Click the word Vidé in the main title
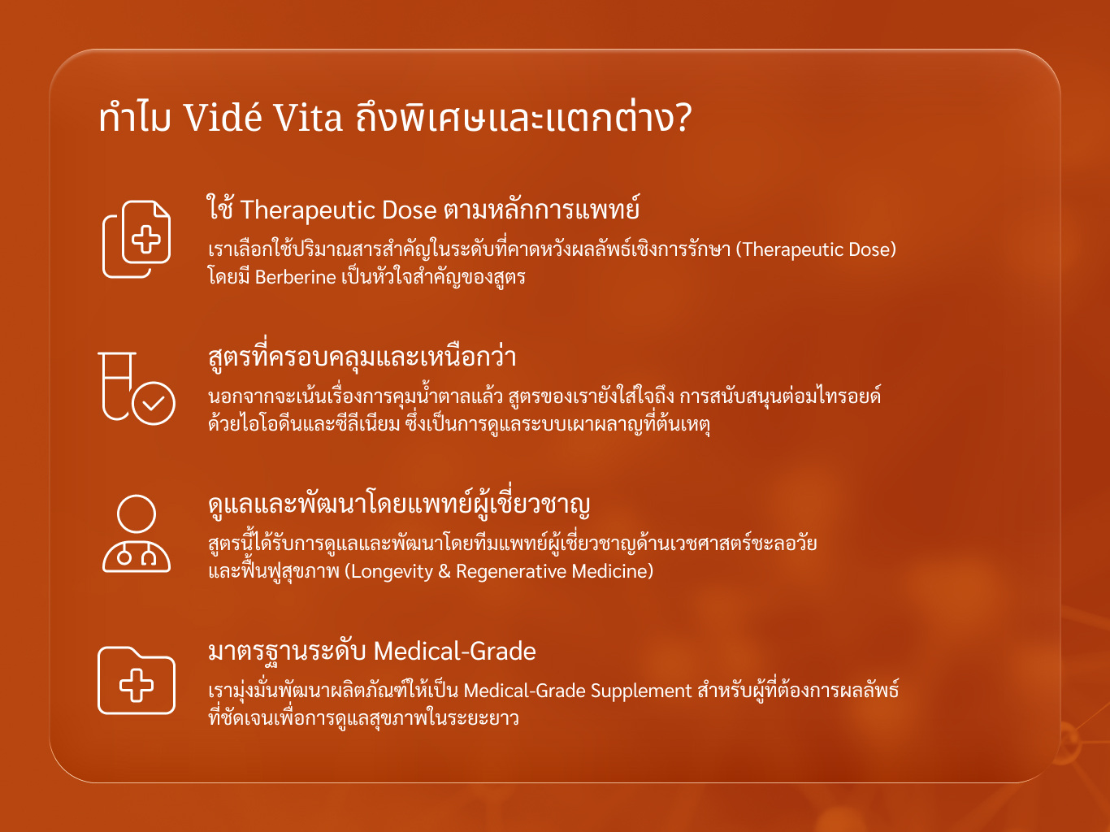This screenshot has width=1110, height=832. (x=223, y=117)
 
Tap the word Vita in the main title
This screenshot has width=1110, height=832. (x=309, y=118)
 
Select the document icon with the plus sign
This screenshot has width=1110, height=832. (x=137, y=239)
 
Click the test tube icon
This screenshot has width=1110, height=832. (x=117, y=386)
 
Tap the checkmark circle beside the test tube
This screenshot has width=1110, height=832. (x=154, y=403)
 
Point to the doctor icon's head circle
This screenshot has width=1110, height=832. (x=136, y=513)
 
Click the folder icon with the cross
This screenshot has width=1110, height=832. (x=137, y=680)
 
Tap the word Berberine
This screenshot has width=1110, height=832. (x=295, y=277)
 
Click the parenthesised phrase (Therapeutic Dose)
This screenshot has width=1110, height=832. (x=816, y=249)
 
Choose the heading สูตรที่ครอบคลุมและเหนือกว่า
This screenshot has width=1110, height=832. (x=362, y=356)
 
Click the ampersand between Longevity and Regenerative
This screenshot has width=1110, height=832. (x=444, y=571)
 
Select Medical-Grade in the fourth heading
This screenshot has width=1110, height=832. (x=454, y=651)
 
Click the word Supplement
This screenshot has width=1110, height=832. (x=641, y=691)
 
